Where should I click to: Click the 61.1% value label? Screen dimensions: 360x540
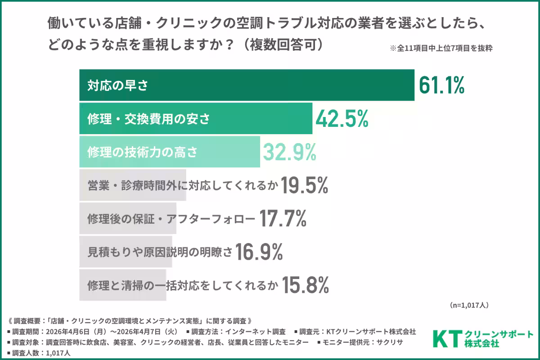click(x=441, y=85)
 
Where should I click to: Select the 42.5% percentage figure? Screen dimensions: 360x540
click(x=342, y=119)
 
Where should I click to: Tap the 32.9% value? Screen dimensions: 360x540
click(x=289, y=153)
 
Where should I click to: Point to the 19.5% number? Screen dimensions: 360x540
click(x=304, y=186)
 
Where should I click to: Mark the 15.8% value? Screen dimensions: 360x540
click(x=306, y=285)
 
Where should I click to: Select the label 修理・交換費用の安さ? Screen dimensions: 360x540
click(x=148, y=119)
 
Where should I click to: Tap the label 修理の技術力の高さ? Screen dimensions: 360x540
click(x=142, y=153)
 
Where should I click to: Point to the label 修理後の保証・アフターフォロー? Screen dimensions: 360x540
click(x=171, y=220)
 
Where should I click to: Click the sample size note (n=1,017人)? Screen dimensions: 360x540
click(x=469, y=305)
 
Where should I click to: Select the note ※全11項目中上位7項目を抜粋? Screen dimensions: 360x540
click(x=441, y=49)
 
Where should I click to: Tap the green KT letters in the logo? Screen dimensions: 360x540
click(x=447, y=338)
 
